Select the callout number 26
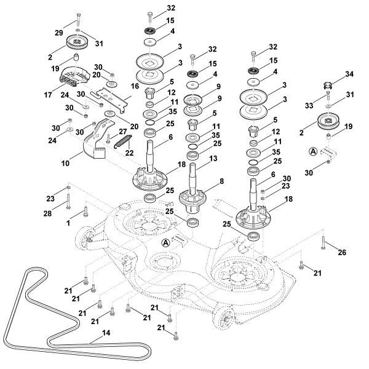[343, 252]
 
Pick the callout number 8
[221, 181]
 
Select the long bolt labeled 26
[322, 242]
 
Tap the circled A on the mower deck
[165, 243]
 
